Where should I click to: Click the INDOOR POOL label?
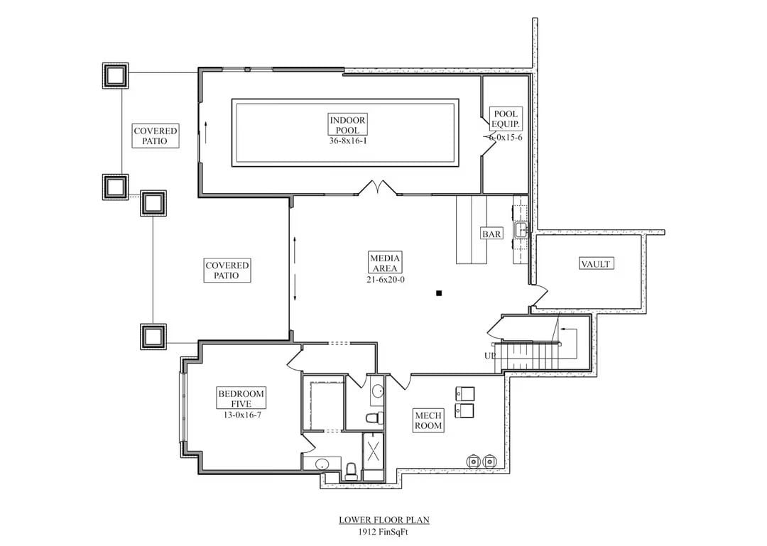[x=347, y=126]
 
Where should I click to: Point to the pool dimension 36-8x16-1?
[x=347, y=141]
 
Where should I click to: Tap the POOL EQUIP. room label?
[x=506, y=119]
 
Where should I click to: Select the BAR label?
[x=491, y=234]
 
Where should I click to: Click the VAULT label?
[x=596, y=264]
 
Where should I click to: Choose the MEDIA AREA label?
[x=384, y=263]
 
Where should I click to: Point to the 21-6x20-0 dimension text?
[x=384, y=280]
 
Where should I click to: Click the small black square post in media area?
[x=440, y=293]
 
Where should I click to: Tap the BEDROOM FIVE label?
[x=241, y=399]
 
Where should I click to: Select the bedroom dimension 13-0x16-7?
[x=241, y=415]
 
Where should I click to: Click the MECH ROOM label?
[x=429, y=420]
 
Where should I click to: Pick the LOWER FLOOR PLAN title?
[x=383, y=520]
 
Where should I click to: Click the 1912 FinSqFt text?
[x=383, y=530]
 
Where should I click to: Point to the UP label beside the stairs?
[x=490, y=356]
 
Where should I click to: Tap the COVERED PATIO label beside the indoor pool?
[x=156, y=136]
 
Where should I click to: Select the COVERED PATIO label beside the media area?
[x=227, y=271]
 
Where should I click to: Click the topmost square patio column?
[x=115, y=75]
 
